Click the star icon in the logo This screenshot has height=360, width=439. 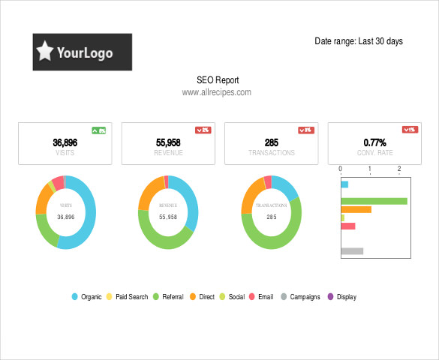pyautogui.click(x=46, y=52)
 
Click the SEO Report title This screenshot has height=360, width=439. pyautogui.click(x=217, y=79)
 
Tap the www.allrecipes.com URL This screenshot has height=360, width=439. pyautogui.click(x=216, y=92)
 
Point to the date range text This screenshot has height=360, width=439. pyautogui.click(x=358, y=41)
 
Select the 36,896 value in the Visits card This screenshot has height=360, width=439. pyautogui.click(x=65, y=142)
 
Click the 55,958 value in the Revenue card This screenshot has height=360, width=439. pyautogui.click(x=168, y=142)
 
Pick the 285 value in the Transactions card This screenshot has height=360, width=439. pyautogui.click(x=272, y=142)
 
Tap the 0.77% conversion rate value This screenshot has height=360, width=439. pyautogui.click(x=374, y=142)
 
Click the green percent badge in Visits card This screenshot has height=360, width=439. pyautogui.click(x=98, y=130)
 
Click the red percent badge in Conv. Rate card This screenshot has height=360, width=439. pyautogui.click(x=409, y=130)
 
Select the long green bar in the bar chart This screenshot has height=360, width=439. pyautogui.click(x=374, y=201)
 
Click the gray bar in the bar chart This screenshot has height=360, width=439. pyautogui.click(x=352, y=250)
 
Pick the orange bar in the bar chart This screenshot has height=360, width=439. pyautogui.click(x=356, y=209)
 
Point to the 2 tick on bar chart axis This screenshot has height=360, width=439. pyautogui.click(x=399, y=169)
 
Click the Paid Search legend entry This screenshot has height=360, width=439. pyautogui.click(x=127, y=297)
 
